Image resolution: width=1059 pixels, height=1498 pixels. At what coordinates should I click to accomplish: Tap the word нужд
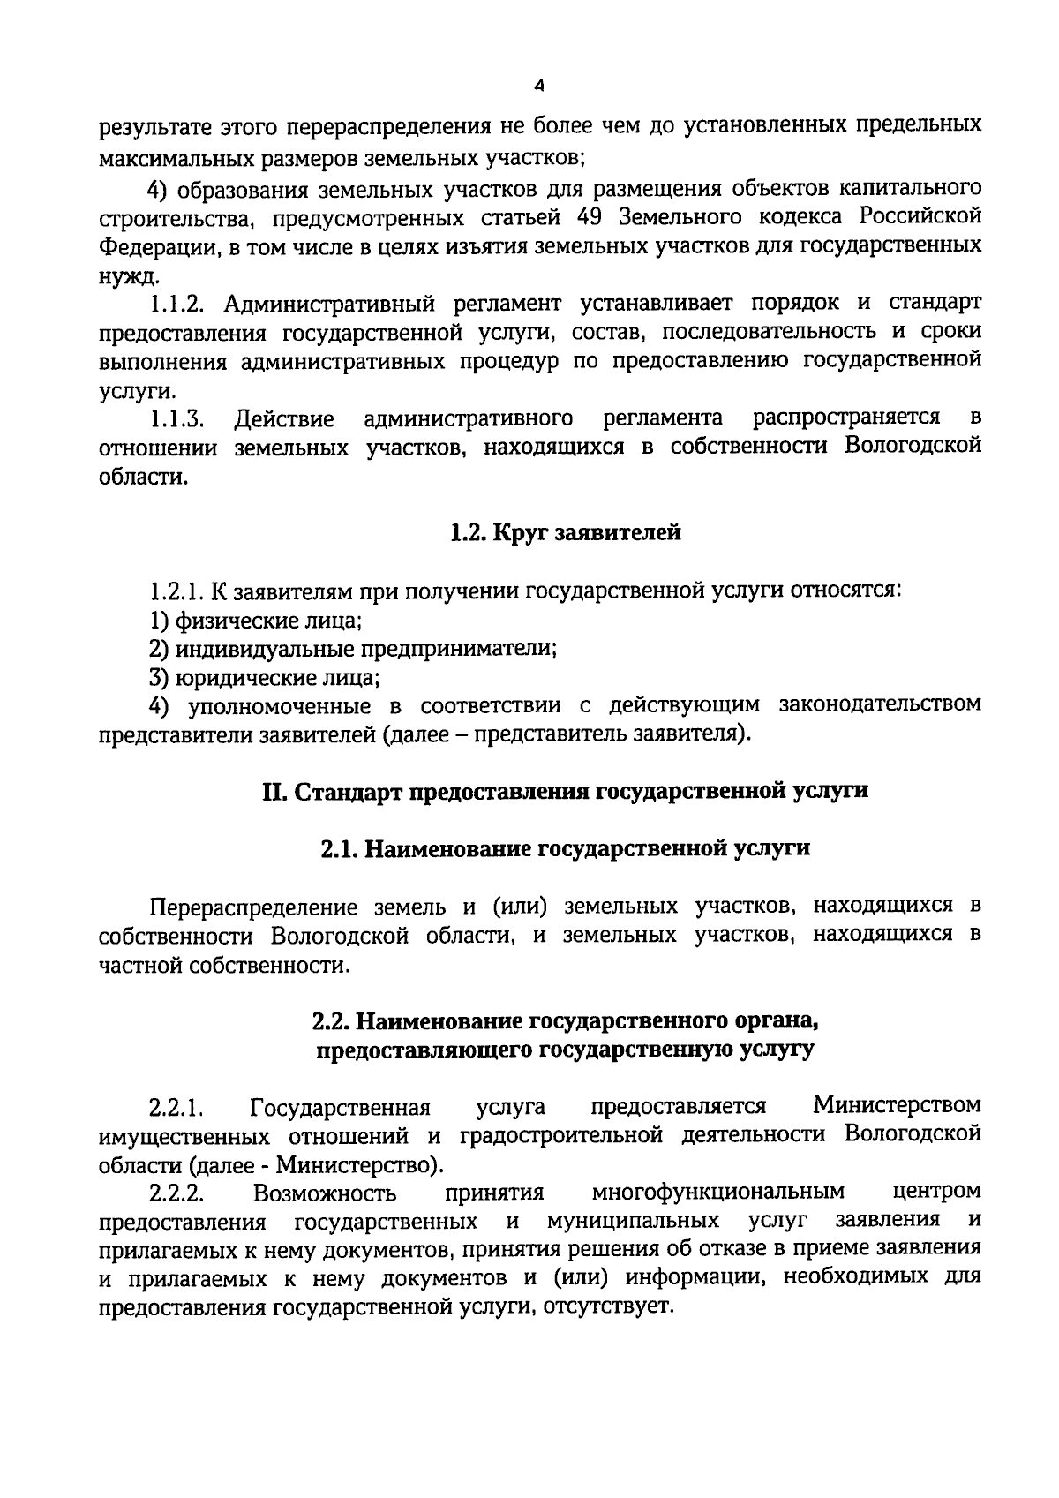[x=128, y=275]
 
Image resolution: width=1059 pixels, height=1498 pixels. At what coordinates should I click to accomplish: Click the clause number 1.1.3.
[x=176, y=418]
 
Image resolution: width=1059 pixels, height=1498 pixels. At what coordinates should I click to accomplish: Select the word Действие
[x=284, y=418]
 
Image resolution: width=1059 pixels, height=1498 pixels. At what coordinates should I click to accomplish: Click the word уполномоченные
[x=272, y=705]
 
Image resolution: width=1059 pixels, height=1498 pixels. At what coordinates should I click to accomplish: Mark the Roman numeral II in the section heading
[x=272, y=790]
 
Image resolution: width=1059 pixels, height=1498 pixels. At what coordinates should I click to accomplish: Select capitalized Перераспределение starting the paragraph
[x=254, y=907]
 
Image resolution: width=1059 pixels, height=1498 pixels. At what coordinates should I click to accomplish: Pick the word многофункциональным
[x=718, y=1193]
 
